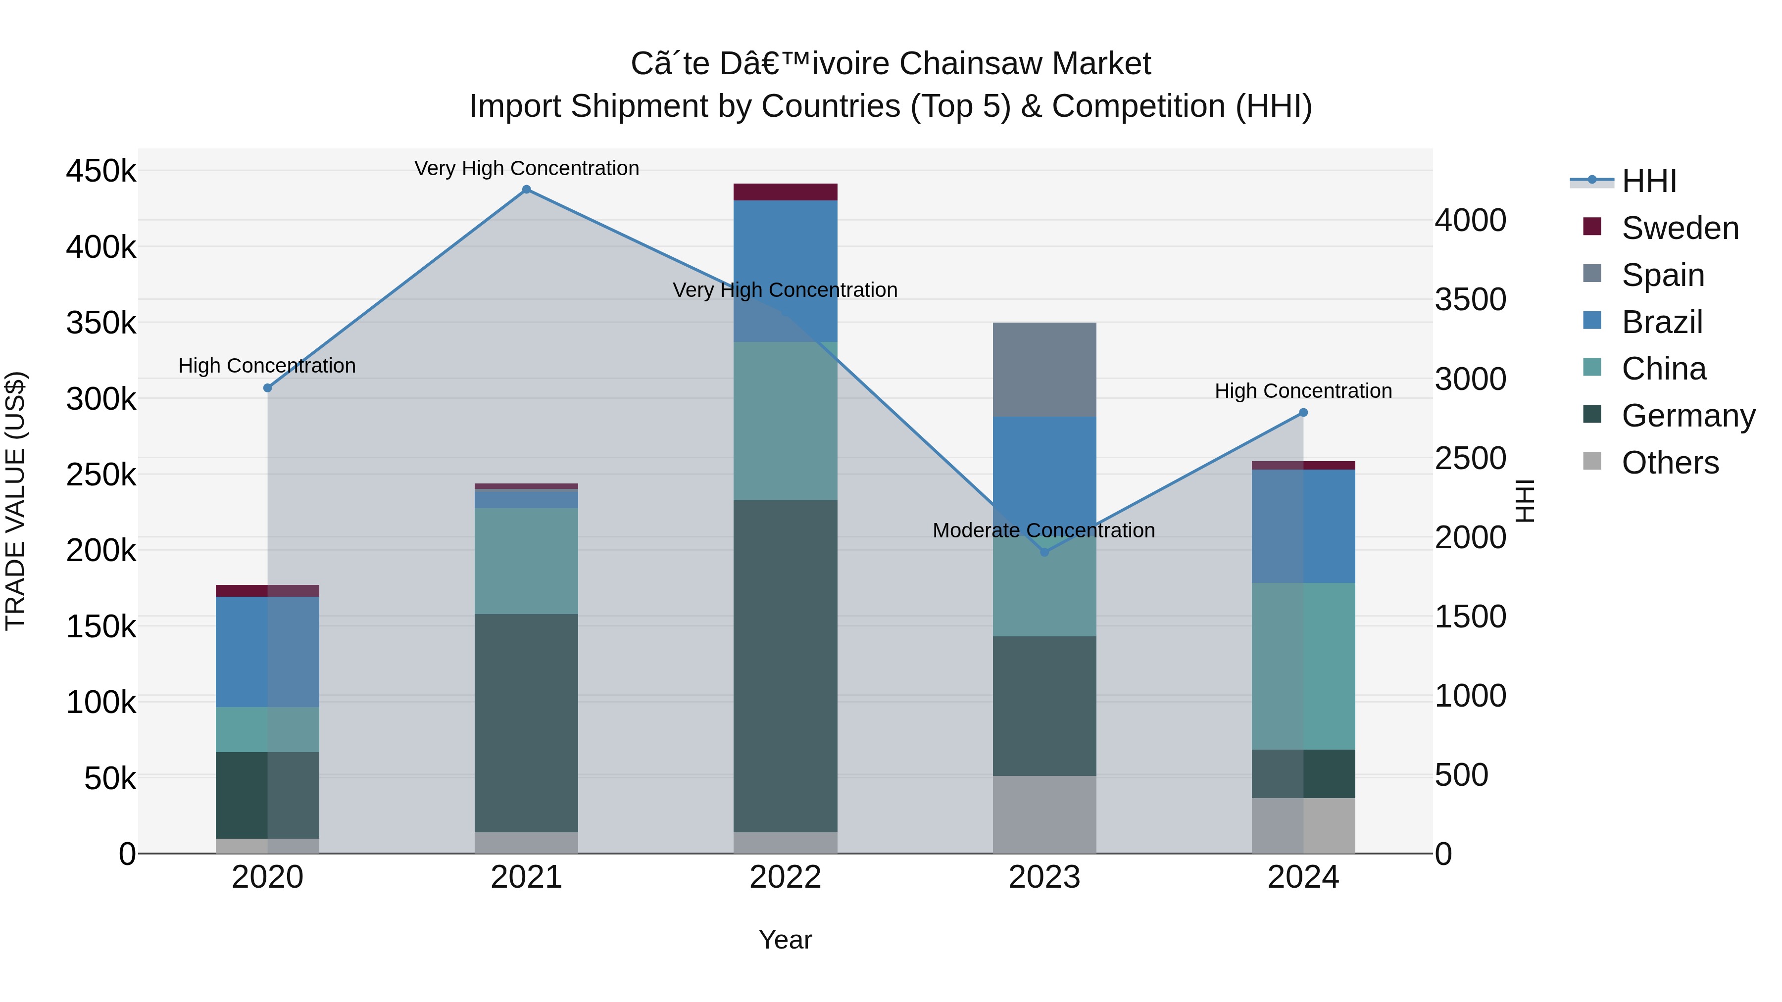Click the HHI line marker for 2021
coord(527,190)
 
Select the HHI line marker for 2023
coord(1044,552)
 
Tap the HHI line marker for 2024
coord(1303,413)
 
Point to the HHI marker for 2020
coord(268,388)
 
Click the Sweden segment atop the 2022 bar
coord(785,192)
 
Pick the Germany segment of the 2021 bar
coord(527,722)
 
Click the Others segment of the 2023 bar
coord(1044,814)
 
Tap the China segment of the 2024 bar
coord(1303,666)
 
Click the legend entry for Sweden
coord(1680,228)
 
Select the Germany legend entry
coord(1688,416)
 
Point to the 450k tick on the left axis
coord(101,171)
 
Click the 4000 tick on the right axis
coord(1470,221)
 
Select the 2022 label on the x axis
coord(785,877)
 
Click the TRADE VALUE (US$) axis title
coord(16,501)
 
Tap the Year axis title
coord(785,940)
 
